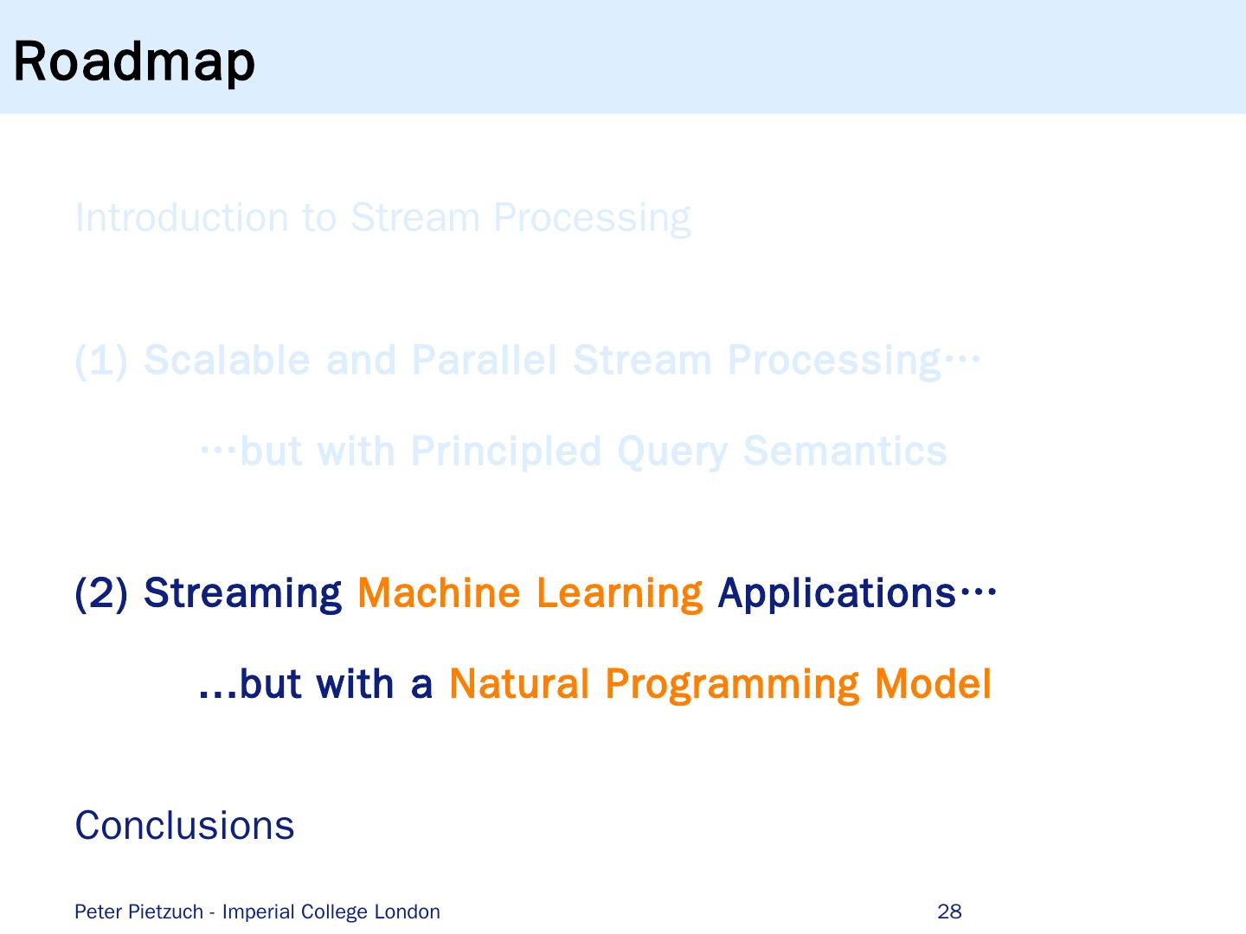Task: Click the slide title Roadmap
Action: tap(134, 62)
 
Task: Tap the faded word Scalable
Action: tap(227, 361)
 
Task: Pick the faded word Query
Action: tap(671, 452)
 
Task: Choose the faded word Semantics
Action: tap(845, 451)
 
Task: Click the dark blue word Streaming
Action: tap(242, 594)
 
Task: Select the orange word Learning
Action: tap(619, 594)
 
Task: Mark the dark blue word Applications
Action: tap(836, 594)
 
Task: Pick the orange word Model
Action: tap(933, 684)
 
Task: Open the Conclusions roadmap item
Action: tap(184, 826)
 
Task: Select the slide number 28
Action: tap(949, 912)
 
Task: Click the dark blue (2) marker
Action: tap(101, 594)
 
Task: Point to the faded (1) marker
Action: tap(101, 361)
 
